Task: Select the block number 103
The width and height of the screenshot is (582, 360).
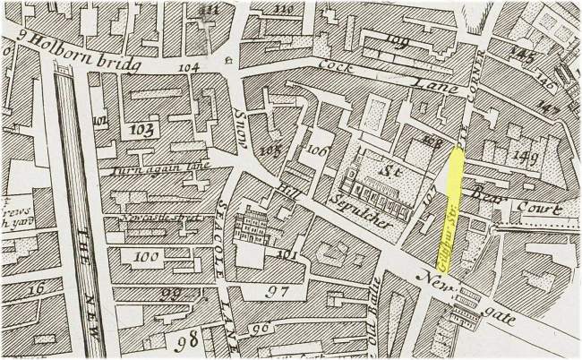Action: [140, 129]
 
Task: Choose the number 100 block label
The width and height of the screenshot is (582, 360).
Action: [142, 257]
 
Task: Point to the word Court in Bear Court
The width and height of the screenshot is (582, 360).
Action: [541, 208]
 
